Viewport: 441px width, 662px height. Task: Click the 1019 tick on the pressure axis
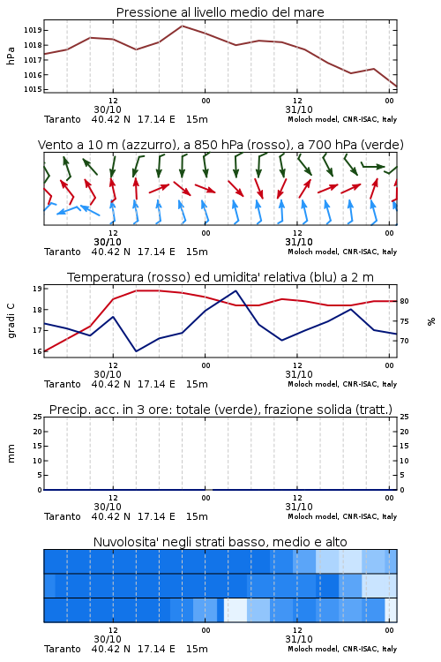click(33, 30)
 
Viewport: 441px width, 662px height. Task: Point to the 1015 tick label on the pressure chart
click(33, 89)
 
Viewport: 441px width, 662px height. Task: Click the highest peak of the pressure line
click(183, 26)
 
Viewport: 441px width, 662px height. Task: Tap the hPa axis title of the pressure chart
click(11, 56)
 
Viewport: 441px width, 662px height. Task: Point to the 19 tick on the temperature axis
click(37, 289)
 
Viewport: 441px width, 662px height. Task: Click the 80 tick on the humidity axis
click(404, 301)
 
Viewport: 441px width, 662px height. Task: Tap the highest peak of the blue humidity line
click(235, 291)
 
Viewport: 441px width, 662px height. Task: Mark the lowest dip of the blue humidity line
click(136, 350)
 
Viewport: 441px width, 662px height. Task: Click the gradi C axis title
click(11, 321)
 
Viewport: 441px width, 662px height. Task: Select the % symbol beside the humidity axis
click(431, 321)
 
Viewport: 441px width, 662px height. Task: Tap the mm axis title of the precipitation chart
click(11, 454)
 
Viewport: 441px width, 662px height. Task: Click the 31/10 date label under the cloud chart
click(299, 639)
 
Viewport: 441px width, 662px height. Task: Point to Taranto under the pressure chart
click(63, 119)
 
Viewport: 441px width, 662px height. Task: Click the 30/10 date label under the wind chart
click(108, 242)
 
